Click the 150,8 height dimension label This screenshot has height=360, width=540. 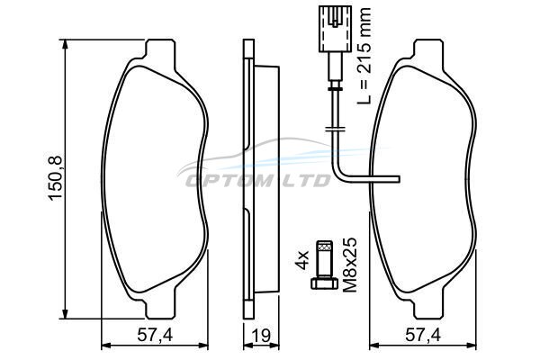point(55,178)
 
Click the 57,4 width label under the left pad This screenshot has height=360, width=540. point(155,336)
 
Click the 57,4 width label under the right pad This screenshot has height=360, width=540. point(423,336)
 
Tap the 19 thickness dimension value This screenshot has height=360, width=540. point(261,336)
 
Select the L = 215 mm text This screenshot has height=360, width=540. point(364,56)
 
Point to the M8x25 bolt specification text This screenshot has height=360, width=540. point(351,265)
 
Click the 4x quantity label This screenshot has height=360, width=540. point(302,260)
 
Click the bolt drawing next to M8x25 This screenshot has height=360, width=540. point(324,265)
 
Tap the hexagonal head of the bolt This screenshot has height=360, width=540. point(324,283)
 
